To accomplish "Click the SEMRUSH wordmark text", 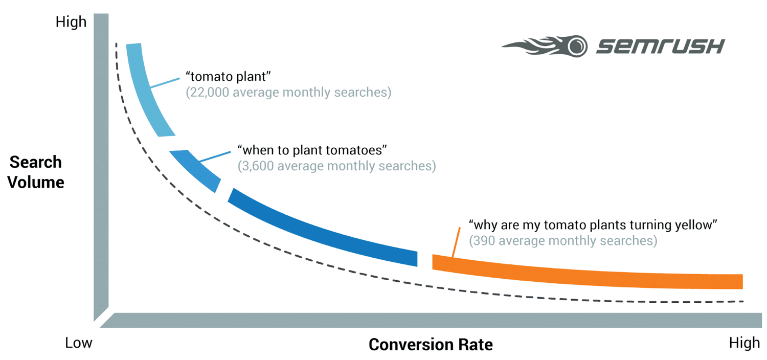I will (x=660, y=47).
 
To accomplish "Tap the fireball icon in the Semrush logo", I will (x=547, y=46).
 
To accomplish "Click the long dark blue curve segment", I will (x=322, y=230).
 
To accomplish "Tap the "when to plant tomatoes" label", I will (x=312, y=150).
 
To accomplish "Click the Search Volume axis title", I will (x=36, y=172).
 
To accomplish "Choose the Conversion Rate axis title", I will (x=431, y=344).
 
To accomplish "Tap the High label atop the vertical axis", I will (x=71, y=22).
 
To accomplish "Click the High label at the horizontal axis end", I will (x=745, y=343).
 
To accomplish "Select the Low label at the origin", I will (x=79, y=343).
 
